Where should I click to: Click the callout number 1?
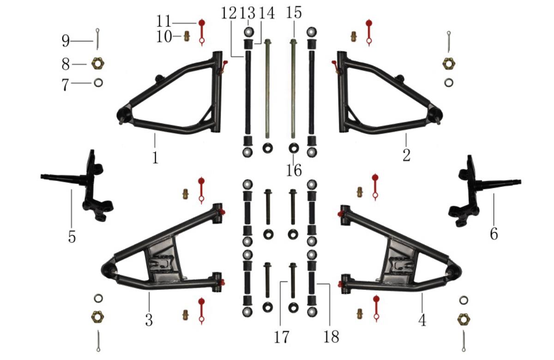tap(155, 157)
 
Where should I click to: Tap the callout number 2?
tap(406, 155)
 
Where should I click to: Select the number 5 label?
tap(72, 237)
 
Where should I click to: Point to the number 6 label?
tap(494, 234)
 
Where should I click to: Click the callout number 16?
tap(294, 170)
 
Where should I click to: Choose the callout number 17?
tap(282, 337)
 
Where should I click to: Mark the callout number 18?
tap(331, 336)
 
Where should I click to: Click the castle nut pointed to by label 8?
tap(98, 64)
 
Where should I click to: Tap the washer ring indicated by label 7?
tap(98, 83)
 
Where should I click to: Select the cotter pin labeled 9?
tap(98, 39)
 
